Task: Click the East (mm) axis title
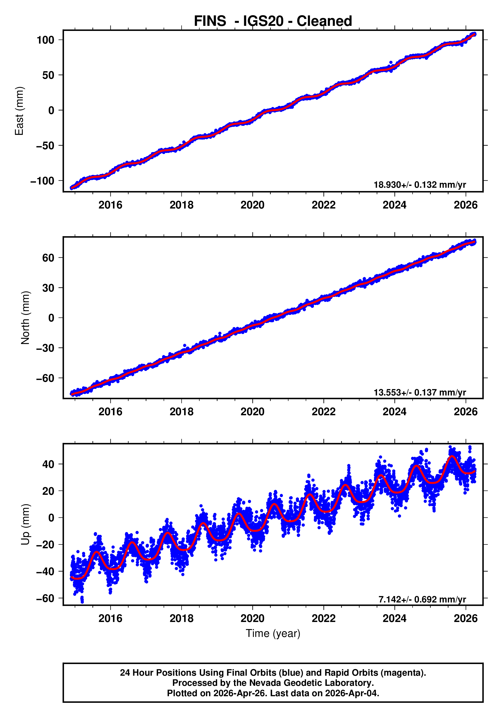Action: [x=20, y=111]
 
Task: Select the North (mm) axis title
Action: [x=26, y=318]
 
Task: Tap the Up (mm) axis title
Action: [x=26, y=524]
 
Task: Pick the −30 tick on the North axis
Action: [x=45, y=348]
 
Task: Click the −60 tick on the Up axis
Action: [x=45, y=598]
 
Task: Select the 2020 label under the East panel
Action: [x=252, y=205]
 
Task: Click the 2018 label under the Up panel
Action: [x=181, y=618]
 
